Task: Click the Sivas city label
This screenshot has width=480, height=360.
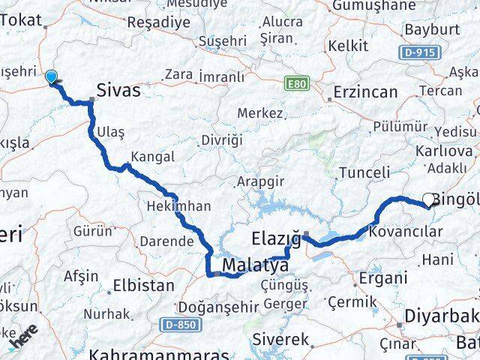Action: click(x=118, y=91)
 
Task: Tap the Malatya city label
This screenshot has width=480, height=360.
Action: click(x=256, y=265)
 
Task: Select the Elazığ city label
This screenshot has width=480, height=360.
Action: click(x=274, y=240)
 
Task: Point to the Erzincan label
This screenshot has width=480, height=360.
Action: click(x=365, y=92)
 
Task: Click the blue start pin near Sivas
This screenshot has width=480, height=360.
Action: click(x=51, y=76)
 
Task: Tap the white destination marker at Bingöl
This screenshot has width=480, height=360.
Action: click(x=429, y=199)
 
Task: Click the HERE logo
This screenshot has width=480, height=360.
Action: click(x=23, y=338)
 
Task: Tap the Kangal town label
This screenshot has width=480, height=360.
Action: click(x=153, y=157)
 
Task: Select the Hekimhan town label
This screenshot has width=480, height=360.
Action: click(x=179, y=205)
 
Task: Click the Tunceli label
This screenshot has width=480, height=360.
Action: click(x=364, y=172)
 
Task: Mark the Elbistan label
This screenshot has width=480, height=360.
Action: click(x=142, y=285)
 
